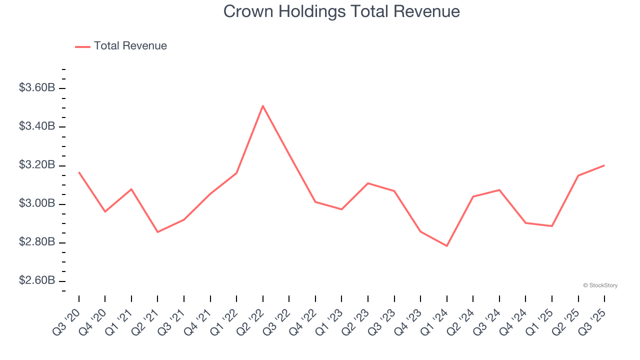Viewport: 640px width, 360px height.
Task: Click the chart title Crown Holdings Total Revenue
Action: point(341,11)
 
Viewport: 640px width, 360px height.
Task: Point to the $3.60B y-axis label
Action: point(37,88)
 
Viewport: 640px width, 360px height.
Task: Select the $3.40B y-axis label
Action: point(37,126)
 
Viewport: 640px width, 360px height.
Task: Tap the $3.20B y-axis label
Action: point(37,165)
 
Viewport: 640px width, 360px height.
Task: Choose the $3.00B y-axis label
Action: point(37,203)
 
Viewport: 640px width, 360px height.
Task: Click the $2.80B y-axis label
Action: point(37,242)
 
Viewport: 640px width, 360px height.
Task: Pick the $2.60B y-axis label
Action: point(37,281)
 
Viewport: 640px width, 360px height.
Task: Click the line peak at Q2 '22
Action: point(263,105)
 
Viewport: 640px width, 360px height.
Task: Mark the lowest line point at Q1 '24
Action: point(446,246)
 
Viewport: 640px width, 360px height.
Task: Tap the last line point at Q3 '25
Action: point(604,165)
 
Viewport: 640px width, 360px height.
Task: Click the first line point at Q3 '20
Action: point(79,172)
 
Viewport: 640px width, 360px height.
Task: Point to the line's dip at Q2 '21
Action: point(158,232)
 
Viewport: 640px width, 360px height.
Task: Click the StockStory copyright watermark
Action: point(600,285)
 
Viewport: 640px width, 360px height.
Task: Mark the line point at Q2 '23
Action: point(368,183)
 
